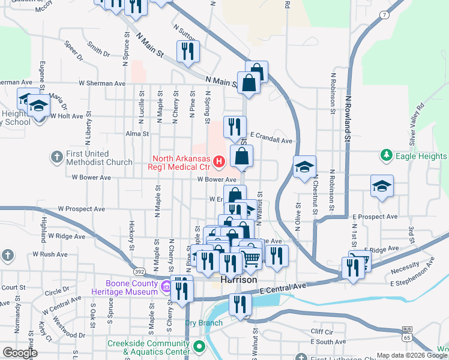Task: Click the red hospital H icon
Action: (x=219, y=161)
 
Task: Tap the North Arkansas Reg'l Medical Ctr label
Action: (x=180, y=162)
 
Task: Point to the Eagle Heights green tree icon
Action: (x=387, y=156)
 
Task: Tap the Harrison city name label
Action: (x=238, y=280)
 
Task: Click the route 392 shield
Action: (x=139, y=271)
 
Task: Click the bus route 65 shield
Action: (x=408, y=333)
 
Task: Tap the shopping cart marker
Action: (x=251, y=257)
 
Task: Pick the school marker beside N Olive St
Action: (x=304, y=167)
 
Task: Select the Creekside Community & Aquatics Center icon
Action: (x=199, y=347)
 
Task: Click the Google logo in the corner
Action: (x=20, y=352)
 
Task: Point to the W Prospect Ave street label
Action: (x=82, y=209)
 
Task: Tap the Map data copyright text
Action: (x=411, y=355)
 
